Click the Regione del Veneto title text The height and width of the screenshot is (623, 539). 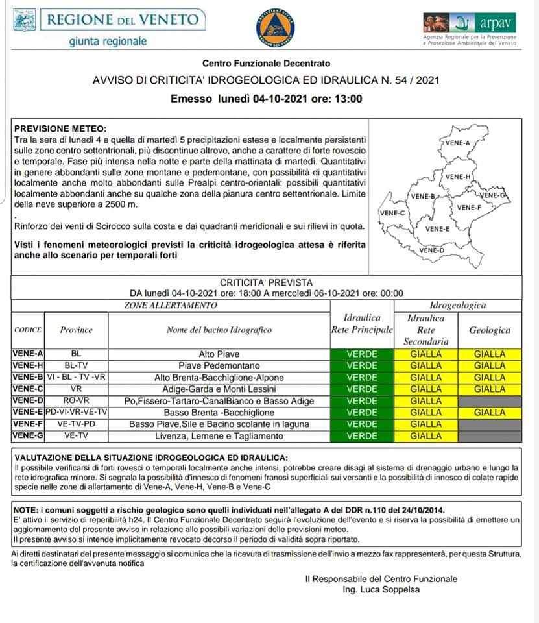[122, 19]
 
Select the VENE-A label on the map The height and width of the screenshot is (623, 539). [458, 142]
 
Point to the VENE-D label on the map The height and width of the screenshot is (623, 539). [431, 250]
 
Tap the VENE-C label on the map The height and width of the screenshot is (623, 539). [392, 213]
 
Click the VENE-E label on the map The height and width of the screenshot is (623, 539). [438, 228]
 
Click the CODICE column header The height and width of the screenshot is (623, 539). [27, 330]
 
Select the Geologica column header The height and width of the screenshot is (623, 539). [490, 330]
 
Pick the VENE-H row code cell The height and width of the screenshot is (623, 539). [27, 365]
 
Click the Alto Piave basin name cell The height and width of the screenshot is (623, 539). [219, 354]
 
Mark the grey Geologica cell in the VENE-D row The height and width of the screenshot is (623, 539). [490, 401]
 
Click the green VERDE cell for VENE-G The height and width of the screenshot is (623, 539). [361, 436]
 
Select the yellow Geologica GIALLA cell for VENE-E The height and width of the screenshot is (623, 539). [490, 413]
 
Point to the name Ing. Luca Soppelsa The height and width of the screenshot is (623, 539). [380, 590]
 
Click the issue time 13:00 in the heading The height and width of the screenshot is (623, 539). [349, 99]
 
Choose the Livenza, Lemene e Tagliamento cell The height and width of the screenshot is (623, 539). [219, 436]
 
